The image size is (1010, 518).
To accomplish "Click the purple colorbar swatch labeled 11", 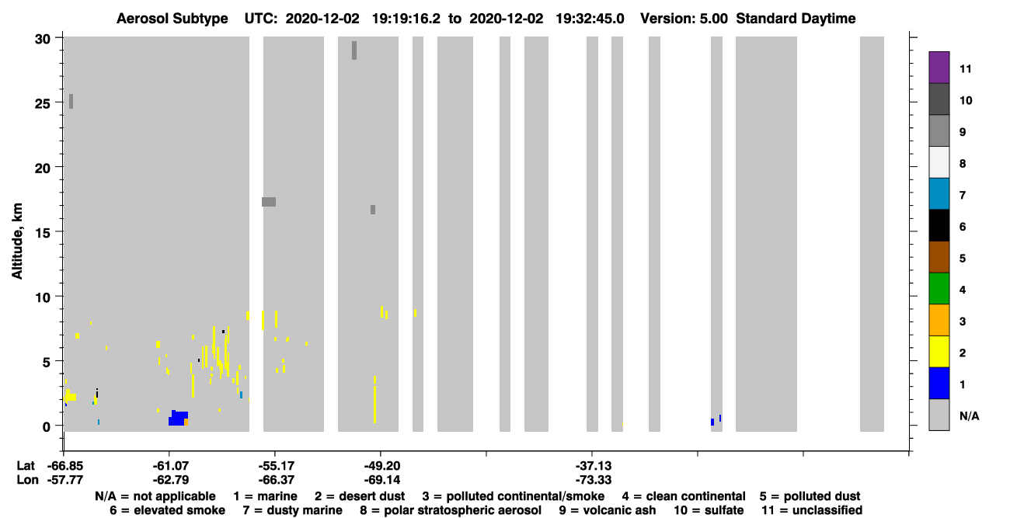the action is click(939, 68).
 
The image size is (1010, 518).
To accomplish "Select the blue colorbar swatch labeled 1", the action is click(939, 383).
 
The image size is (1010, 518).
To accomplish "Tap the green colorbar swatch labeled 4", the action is click(939, 289).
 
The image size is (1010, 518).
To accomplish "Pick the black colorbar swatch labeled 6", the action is click(939, 225).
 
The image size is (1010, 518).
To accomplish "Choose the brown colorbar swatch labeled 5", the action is click(939, 257).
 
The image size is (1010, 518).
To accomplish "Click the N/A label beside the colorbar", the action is click(969, 415).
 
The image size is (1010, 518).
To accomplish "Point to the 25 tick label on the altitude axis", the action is click(43, 104).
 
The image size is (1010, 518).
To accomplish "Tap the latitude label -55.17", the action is click(276, 466).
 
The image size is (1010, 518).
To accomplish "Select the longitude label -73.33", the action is click(594, 480).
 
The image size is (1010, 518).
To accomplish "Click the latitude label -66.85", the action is click(65, 466).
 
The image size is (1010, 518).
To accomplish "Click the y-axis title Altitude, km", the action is click(17, 241).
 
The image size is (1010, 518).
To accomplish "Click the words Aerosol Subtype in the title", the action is click(172, 19).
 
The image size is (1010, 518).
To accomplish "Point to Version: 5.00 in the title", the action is click(684, 19).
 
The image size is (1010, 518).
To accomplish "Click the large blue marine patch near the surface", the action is click(178, 419).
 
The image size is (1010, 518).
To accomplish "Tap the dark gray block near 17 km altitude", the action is click(269, 202).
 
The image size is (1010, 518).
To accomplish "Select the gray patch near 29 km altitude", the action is click(354, 50).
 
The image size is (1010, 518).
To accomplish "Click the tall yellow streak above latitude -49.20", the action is click(374, 399).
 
